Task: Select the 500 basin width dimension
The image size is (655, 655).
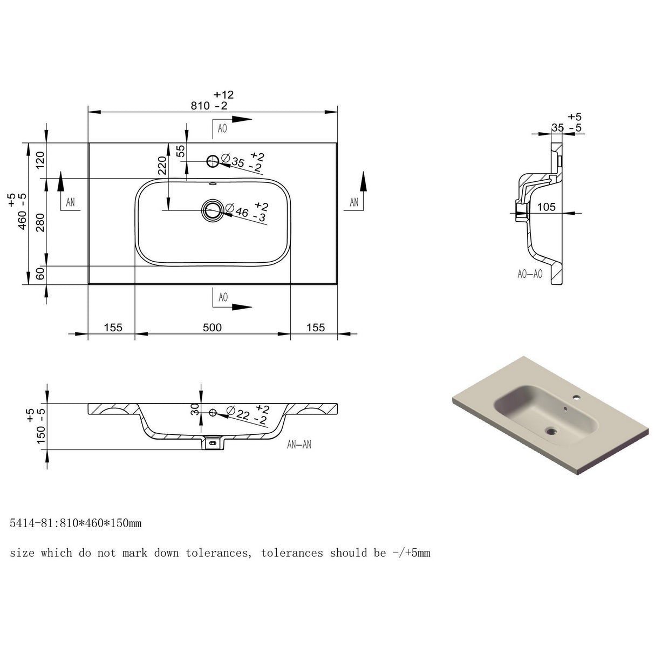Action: (x=212, y=327)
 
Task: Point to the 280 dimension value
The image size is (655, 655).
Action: (x=40, y=223)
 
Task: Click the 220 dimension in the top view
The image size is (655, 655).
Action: (x=162, y=166)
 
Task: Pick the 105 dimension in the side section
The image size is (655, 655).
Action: (x=547, y=207)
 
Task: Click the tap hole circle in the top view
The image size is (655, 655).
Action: (x=213, y=161)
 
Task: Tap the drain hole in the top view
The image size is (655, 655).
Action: (x=213, y=210)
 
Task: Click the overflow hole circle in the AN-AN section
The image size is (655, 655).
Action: (x=213, y=413)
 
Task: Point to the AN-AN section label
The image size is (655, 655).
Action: (x=299, y=444)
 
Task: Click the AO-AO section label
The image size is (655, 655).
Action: (x=530, y=274)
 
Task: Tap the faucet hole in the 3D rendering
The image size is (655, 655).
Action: (x=576, y=397)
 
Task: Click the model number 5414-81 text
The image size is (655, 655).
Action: (x=32, y=523)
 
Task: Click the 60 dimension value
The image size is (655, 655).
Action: (x=40, y=274)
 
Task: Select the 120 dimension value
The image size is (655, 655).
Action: (x=40, y=160)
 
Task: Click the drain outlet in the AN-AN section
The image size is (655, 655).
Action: (x=213, y=443)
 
